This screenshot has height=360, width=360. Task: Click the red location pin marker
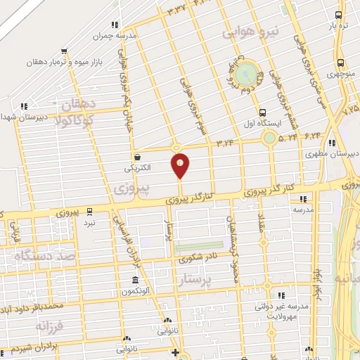(180, 165)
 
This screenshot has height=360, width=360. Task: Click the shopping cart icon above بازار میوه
(65, 51)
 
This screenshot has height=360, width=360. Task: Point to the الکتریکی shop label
(137, 169)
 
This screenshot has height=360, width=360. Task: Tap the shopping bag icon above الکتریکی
(137, 157)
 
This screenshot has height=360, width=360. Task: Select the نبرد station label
(89, 222)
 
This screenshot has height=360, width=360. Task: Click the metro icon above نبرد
(89, 210)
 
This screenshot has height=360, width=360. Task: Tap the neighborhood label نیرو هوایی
(251, 32)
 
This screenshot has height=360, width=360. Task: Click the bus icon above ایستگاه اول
(263, 112)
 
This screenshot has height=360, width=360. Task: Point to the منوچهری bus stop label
(340, 74)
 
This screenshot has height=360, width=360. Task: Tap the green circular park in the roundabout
(247, 72)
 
